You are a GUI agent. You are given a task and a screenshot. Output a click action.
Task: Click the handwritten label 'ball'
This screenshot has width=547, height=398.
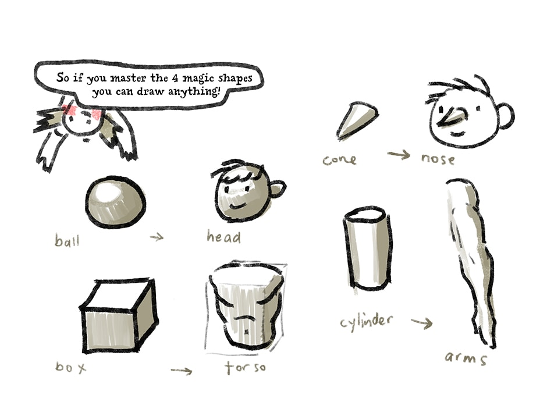point(68,240)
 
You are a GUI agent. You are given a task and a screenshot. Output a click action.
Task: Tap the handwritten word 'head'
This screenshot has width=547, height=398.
point(223,236)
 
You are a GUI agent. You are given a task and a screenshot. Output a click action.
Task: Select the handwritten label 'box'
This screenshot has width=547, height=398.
point(70,367)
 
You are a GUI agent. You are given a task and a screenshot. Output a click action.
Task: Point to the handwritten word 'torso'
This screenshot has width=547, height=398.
point(245,367)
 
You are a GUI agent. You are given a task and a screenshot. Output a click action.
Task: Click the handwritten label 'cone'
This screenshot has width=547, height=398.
point(339,160)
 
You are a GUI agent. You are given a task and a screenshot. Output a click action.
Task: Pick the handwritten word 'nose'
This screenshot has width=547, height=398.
point(438,159)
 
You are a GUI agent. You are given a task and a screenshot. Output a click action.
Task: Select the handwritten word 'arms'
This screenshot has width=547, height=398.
point(466,357)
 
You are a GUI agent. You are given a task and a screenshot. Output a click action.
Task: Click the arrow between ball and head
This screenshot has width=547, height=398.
point(157,237)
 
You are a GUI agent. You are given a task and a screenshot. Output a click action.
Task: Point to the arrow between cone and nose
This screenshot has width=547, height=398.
point(399,154)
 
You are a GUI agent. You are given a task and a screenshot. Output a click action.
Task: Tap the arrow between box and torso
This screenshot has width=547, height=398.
point(182,371)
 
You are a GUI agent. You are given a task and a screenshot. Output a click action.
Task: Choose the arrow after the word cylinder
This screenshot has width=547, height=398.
point(422,323)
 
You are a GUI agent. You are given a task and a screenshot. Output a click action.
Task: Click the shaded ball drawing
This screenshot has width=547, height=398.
point(115,202)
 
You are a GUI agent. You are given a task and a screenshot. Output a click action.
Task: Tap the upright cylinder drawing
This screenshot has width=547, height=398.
point(368,248)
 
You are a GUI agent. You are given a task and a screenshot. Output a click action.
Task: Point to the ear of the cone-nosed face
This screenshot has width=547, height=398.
point(506,116)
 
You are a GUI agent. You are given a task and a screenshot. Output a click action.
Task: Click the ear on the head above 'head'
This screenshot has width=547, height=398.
point(278,189)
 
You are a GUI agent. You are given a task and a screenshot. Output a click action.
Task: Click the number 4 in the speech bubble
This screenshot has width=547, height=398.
point(175,78)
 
